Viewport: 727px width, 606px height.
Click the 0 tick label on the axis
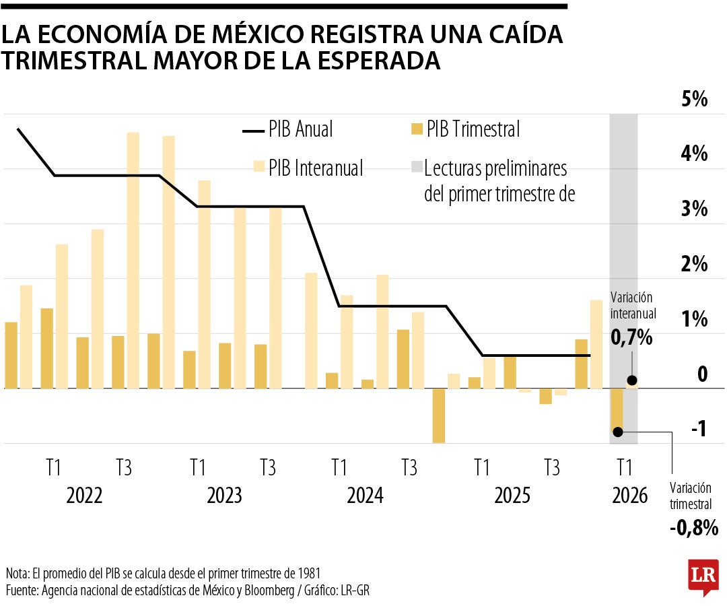coord(702,374)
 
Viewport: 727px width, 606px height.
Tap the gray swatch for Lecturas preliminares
coord(416,168)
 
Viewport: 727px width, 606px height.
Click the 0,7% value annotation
coord(631,338)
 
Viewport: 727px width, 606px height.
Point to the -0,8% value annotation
coord(694,527)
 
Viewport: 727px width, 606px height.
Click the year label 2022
coord(85,496)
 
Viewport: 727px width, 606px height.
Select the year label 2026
coord(629,496)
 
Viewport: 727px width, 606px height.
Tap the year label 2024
coord(365,496)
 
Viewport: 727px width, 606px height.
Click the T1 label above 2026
coord(624,466)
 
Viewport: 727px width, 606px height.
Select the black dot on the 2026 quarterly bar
coord(617,432)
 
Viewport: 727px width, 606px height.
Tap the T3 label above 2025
coord(551,466)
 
